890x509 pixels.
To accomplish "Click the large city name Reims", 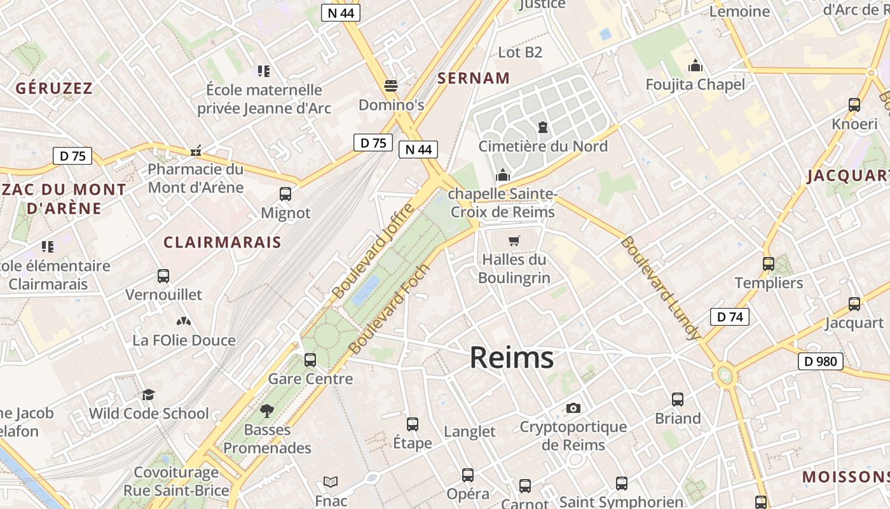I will [x=512, y=358].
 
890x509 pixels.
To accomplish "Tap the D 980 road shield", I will [x=820, y=361].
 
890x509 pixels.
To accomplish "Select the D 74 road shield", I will [x=729, y=317].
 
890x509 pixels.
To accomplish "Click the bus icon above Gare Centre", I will [x=310, y=360].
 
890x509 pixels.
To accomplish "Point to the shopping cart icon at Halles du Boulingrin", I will [x=514, y=241].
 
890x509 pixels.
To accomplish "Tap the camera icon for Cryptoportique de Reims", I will [x=573, y=408].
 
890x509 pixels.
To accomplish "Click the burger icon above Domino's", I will [x=391, y=86].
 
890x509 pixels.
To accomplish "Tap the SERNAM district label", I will [x=474, y=78].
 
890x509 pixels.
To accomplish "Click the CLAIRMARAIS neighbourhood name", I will [x=222, y=242].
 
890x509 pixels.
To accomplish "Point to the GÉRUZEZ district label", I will [x=54, y=88].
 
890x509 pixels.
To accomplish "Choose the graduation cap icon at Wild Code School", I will [x=149, y=395].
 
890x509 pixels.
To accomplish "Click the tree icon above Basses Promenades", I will [x=267, y=411].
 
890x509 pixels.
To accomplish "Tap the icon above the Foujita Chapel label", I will [x=695, y=66].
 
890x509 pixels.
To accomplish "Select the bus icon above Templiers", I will [x=769, y=263].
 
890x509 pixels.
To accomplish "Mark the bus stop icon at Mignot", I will [x=285, y=194].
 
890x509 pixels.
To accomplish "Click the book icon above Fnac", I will [x=331, y=482].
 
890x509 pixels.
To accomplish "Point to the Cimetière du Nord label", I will [x=543, y=146].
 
